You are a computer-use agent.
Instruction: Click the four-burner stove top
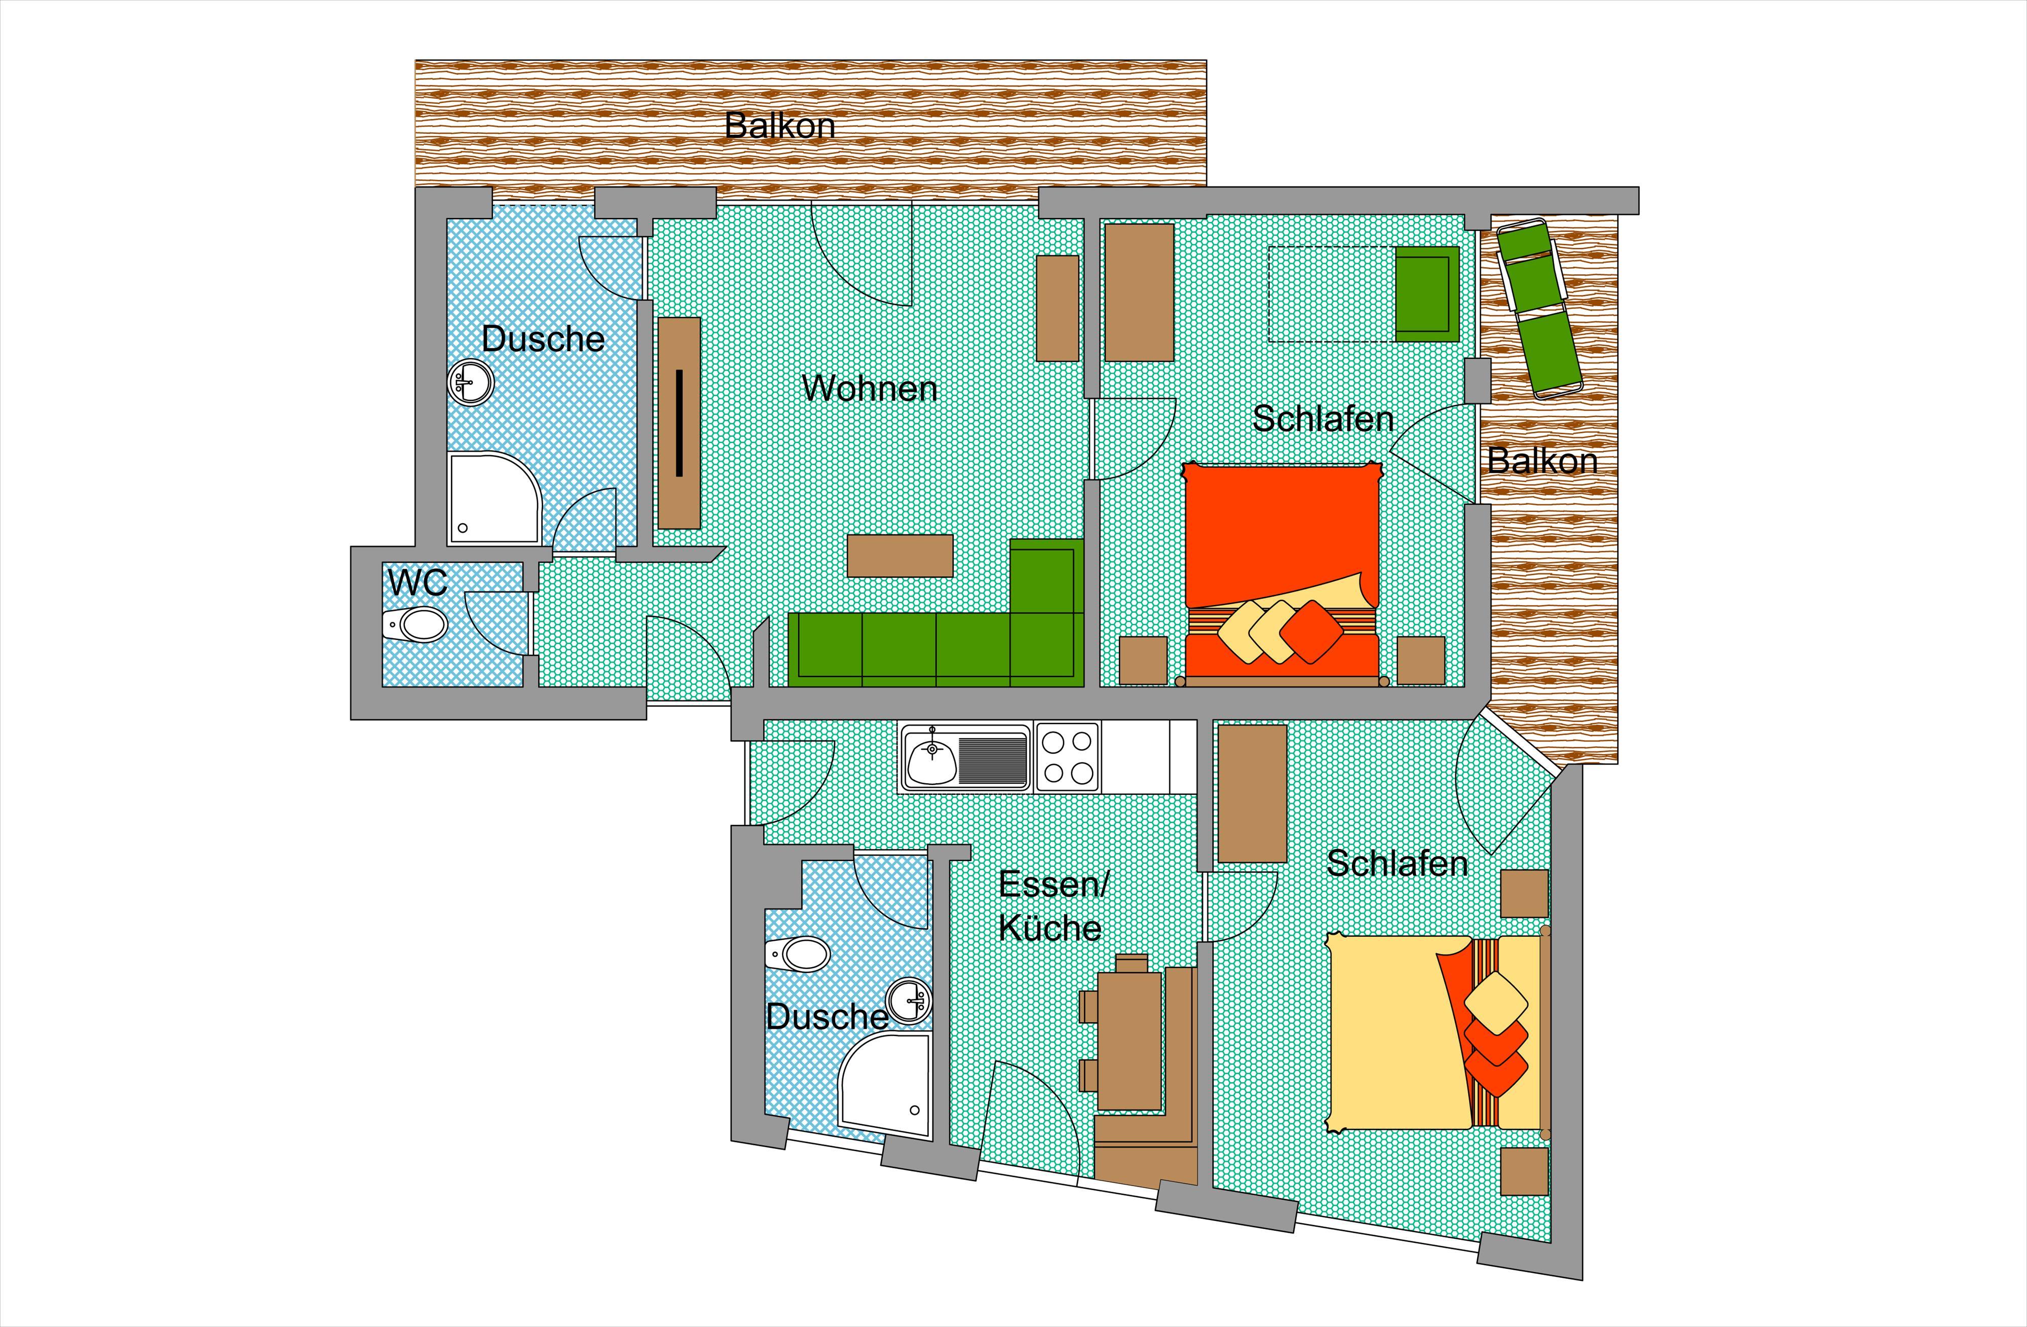1067,757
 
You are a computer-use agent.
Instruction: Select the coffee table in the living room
900,556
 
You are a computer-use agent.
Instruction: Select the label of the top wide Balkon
779,126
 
